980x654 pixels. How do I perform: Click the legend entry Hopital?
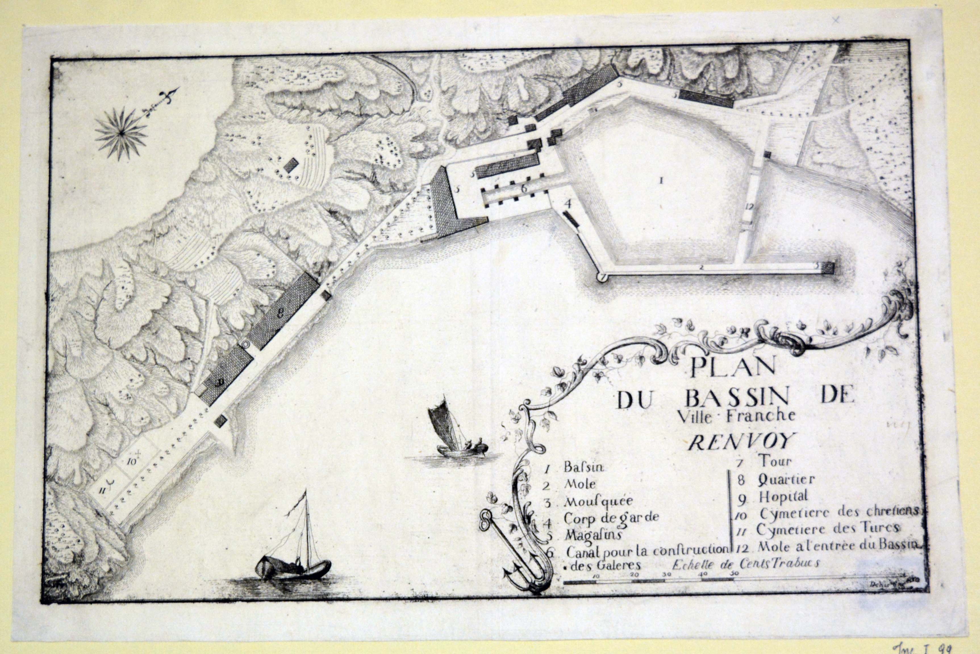[783, 497]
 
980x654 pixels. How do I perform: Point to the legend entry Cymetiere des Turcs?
[827, 529]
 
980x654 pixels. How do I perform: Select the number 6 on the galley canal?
[524, 188]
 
